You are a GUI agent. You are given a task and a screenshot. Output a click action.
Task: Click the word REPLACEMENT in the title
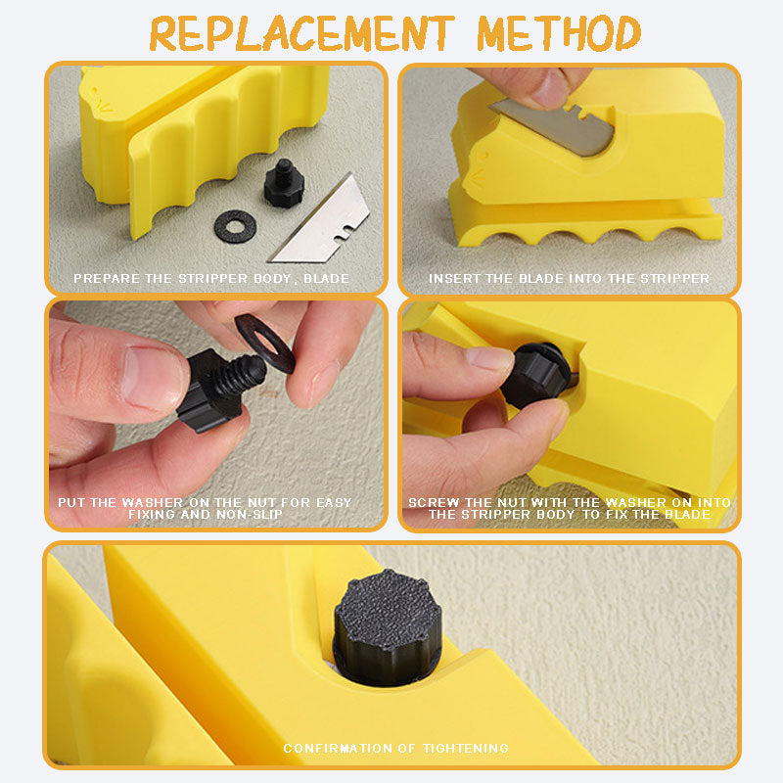(302, 33)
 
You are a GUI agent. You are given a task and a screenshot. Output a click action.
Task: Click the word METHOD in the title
(559, 33)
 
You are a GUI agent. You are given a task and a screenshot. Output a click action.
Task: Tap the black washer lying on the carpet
(235, 227)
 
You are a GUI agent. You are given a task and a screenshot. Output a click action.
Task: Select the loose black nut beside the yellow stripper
(283, 183)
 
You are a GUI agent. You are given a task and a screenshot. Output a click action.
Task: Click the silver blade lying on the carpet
(322, 222)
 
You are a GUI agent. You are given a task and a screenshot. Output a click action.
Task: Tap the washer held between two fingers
(264, 344)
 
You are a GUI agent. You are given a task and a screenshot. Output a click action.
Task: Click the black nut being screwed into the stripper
(536, 374)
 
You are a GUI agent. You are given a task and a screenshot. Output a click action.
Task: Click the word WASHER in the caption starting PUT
(153, 502)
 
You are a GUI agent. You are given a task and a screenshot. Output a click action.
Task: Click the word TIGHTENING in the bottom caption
(466, 748)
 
